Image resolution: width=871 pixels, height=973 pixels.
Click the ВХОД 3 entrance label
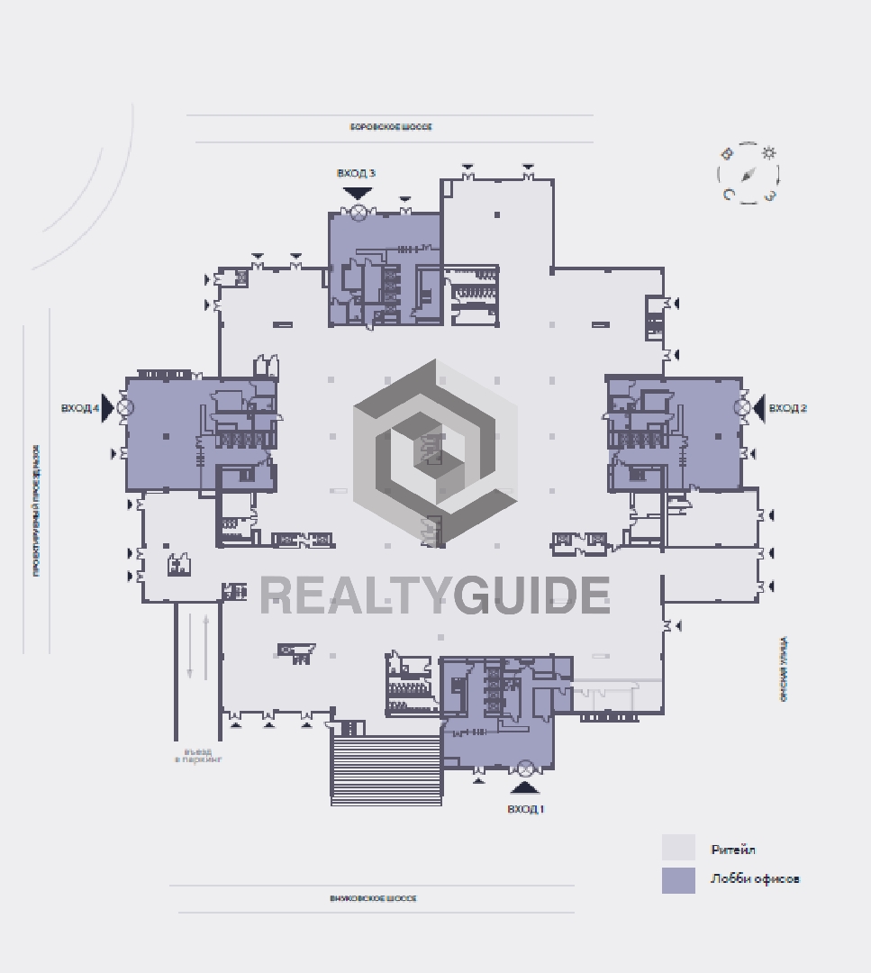pyautogui.click(x=356, y=173)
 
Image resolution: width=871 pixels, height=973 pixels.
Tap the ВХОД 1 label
pyautogui.click(x=525, y=809)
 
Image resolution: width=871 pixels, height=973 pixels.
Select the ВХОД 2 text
pyautogui.click(x=787, y=408)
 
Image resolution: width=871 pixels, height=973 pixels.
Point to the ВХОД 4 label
pyautogui.click(x=79, y=408)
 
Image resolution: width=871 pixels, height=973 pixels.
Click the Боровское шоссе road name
pyautogui.click(x=391, y=127)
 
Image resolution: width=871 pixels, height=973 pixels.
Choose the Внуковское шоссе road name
pyautogui.click(x=373, y=898)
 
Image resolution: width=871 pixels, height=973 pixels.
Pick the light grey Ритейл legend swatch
pyautogui.click(x=678, y=848)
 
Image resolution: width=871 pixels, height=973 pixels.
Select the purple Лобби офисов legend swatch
pyautogui.click(x=678, y=880)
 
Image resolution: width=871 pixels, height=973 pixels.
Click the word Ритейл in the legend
pyautogui.click(x=732, y=850)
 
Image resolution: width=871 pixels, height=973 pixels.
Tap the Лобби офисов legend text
pyautogui.click(x=754, y=879)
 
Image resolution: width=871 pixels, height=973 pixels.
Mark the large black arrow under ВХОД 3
pyautogui.click(x=358, y=192)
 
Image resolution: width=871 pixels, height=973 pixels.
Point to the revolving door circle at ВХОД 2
pyautogui.click(x=741, y=408)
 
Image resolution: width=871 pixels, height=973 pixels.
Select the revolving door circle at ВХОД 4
pyautogui.click(x=125, y=407)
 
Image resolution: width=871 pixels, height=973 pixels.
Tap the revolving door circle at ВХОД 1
pyautogui.click(x=525, y=768)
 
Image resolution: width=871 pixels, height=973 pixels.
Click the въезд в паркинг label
pyautogui.click(x=198, y=756)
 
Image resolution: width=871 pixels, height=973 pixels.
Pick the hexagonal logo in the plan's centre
pyautogui.click(x=434, y=450)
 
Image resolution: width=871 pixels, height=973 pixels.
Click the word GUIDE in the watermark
pyautogui.click(x=531, y=595)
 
